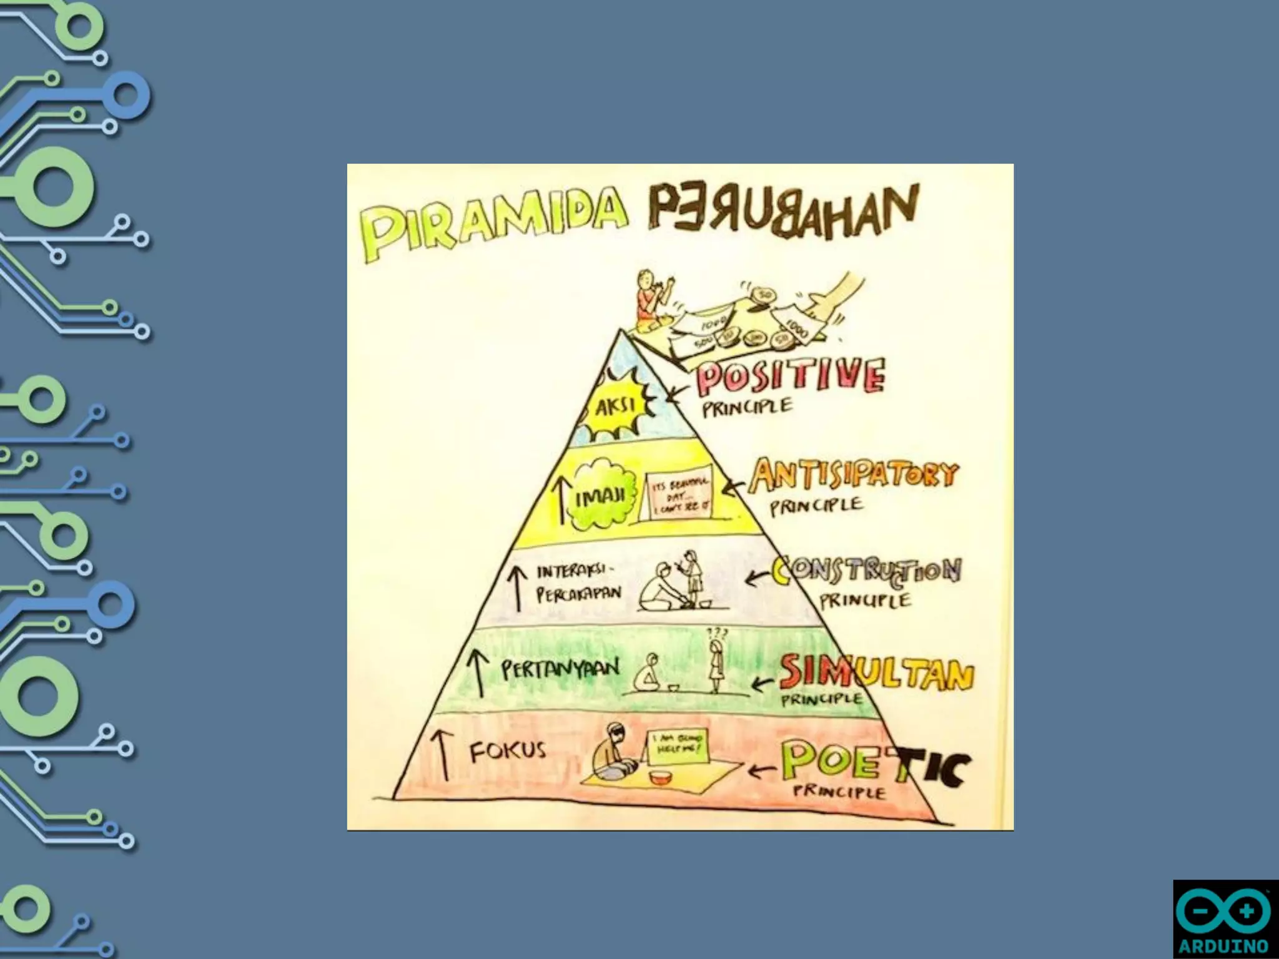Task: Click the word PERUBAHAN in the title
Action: [x=783, y=210]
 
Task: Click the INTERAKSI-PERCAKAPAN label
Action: [x=578, y=583]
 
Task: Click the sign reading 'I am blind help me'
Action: [x=678, y=746]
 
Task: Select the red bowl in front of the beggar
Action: [x=659, y=777]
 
